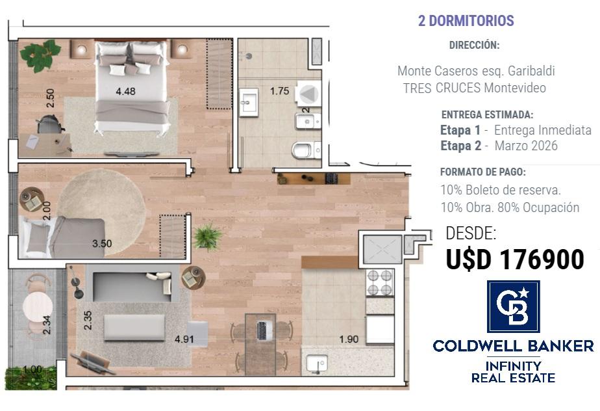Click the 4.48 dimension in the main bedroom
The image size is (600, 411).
click(125, 91)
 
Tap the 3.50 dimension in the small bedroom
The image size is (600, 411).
click(102, 243)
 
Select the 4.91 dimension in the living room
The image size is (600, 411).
click(184, 339)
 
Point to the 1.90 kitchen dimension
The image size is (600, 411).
click(349, 339)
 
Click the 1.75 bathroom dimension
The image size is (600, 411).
click(279, 91)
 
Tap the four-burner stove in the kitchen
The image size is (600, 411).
click(380, 282)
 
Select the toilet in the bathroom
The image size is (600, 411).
click(306, 150)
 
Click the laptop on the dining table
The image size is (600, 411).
click(262, 330)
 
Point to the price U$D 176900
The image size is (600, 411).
click(515, 259)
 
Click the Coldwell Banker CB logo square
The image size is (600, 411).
click(513, 306)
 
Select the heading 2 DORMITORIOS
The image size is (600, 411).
click(466, 21)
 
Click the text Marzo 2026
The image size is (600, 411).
click(526, 146)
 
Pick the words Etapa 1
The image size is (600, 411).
click(460, 130)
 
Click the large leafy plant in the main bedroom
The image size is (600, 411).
click(40, 55)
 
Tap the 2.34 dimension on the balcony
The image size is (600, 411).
click(47, 325)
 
